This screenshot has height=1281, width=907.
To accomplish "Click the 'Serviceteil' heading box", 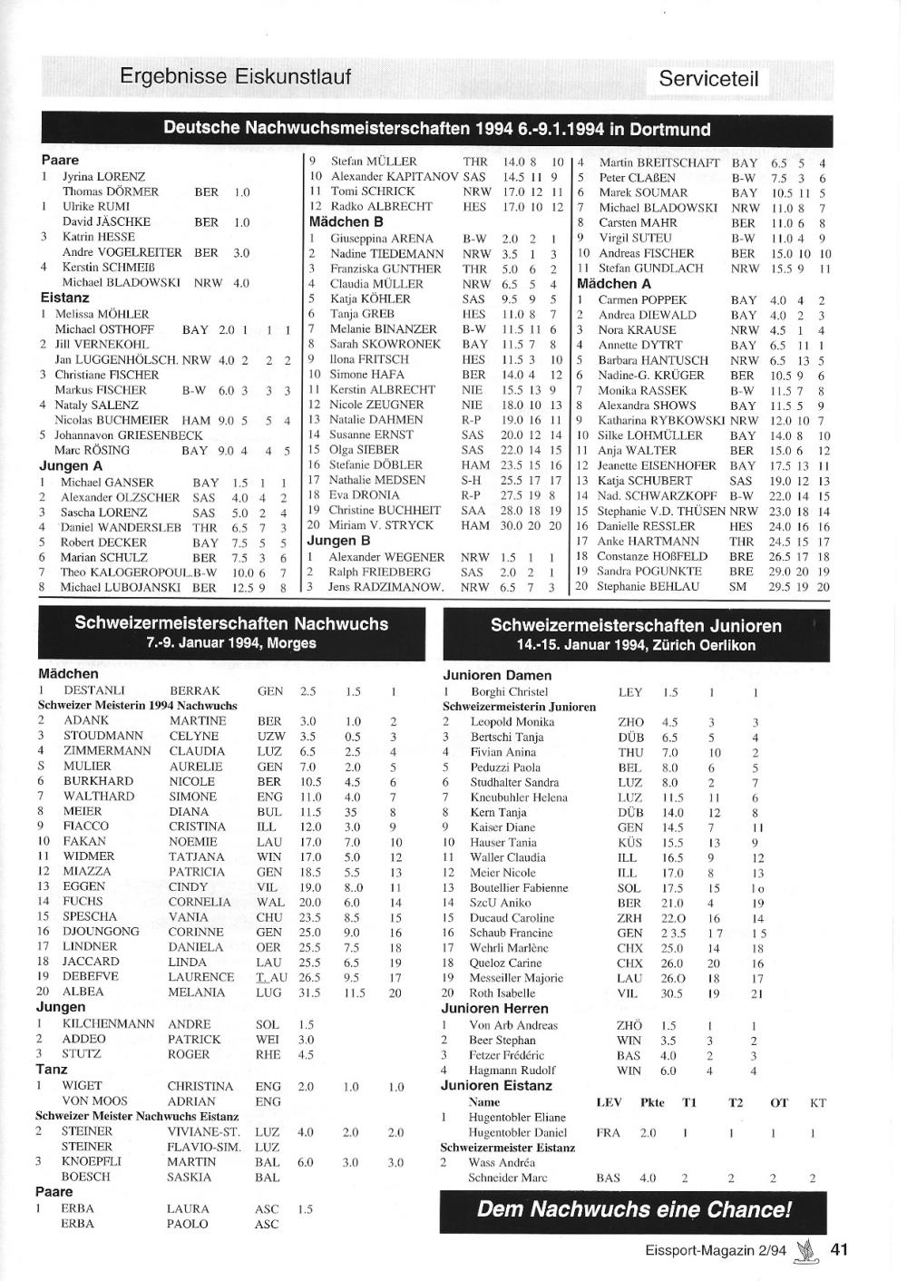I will pyautogui.click(x=708, y=79).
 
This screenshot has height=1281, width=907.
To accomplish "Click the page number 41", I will pyautogui.click(x=839, y=1249).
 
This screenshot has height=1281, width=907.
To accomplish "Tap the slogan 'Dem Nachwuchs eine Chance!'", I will pyautogui.click(x=634, y=1209).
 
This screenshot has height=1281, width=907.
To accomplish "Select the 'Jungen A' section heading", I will pyautogui.click(x=71, y=466).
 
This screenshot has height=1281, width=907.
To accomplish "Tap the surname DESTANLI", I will pyautogui.click(x=93, y=690).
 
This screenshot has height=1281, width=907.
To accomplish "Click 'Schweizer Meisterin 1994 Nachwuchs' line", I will pyautogui.click(x=137, y=705).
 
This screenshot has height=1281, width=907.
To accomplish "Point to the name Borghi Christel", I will pyautogui.click(x=509, y=691).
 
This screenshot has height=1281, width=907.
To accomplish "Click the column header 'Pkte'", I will pyautogui.click(x=652, y=1102).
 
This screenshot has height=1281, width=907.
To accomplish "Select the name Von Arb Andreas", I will pyautogui.click(x=512, y=1024).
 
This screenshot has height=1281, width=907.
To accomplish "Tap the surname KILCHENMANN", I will pyautogui.click(x=108, y=1023).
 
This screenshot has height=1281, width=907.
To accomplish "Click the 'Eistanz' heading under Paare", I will pyautogui.click(x=64, y=298).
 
